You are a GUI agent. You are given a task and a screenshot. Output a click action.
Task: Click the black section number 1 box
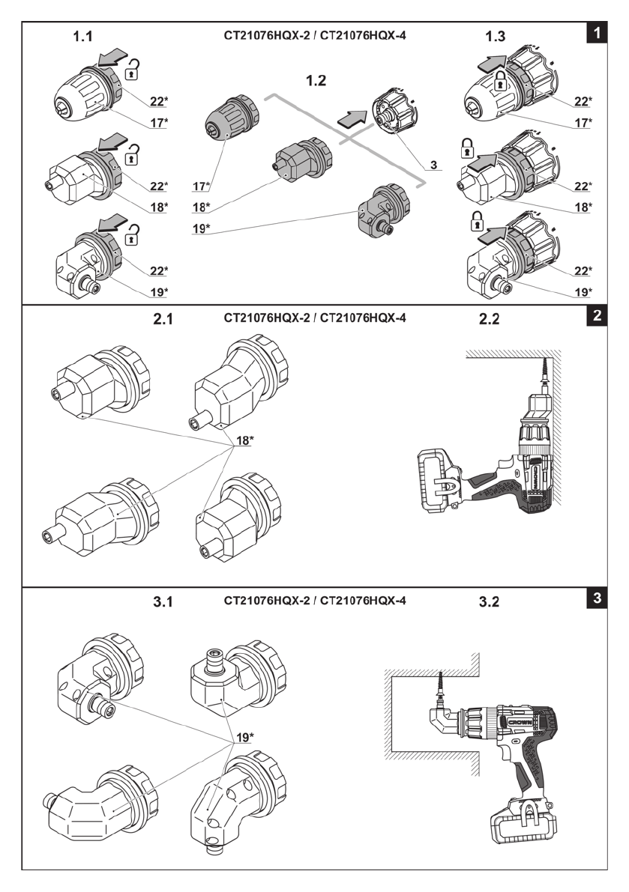point(596,33)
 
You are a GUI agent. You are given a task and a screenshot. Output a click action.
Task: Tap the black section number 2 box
point(596,316)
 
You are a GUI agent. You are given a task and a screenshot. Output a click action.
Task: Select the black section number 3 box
point(596,599)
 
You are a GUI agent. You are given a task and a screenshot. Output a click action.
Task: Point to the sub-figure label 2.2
point(489,319)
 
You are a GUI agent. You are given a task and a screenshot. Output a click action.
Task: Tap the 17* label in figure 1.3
point(580,122)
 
